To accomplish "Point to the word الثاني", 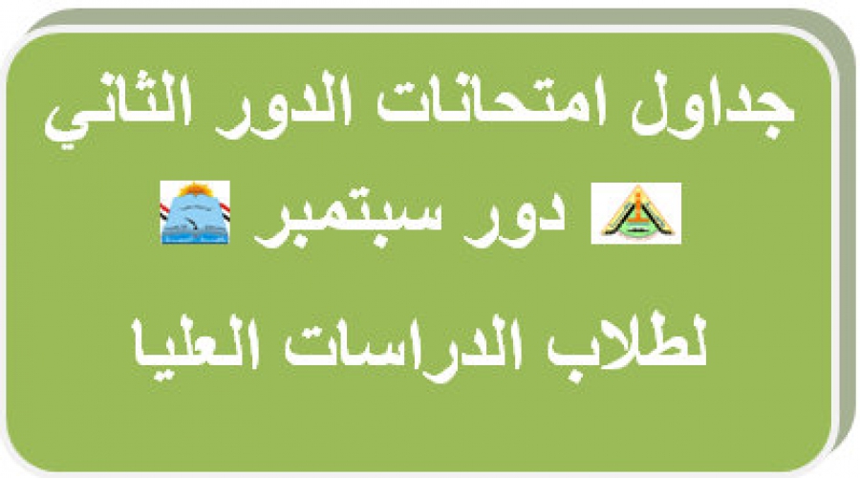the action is pos(118,109).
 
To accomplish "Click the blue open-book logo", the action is pos(195,212).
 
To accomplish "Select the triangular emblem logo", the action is pos(636,213).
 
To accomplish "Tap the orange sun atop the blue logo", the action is pos(195,190).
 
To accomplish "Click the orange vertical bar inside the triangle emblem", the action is pos(636,209).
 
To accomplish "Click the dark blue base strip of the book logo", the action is pos(195,238).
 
